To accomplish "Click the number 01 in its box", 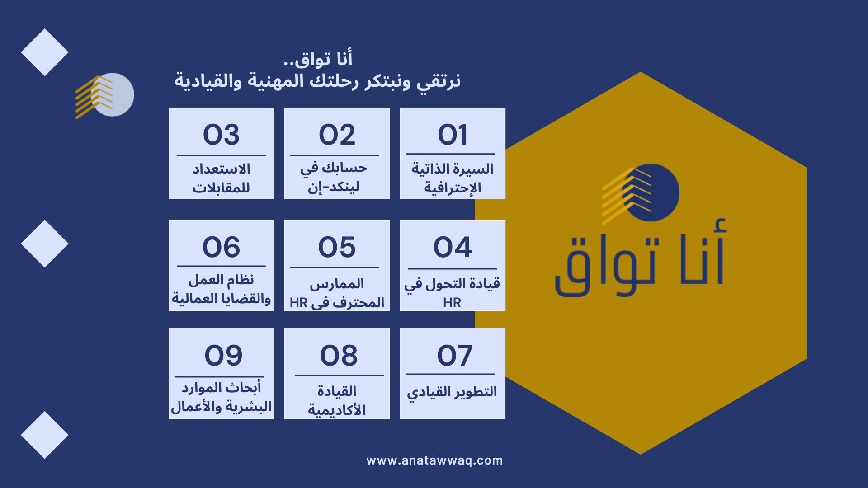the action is pyautogui.click(x=453, y=135).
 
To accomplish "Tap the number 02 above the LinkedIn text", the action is pyautogui.click(x=337, y=135).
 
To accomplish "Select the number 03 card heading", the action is pyautogui.click(x=221, y=135).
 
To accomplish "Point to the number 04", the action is pyautogui.click(x=453, y=247).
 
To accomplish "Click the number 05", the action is pyautogui.click(x=337, y=247).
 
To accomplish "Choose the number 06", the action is pyautogui.click(x=221, y=247).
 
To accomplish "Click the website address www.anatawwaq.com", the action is pyautogui.click(x=434, y=460).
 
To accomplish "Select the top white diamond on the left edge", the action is pyautogui.click(x=45, y=52).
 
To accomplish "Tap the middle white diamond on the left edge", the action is pyautogui.click(x=45, y=244).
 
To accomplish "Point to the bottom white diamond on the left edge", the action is pyautogui.click(x=45, y=435).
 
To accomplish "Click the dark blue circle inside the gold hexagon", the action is pyautogui.click(x=651, y=192).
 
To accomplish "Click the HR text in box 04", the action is pyautogui.click(x=452, y=303).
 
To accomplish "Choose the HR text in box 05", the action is pyautogui.click(x=298, y=303).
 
